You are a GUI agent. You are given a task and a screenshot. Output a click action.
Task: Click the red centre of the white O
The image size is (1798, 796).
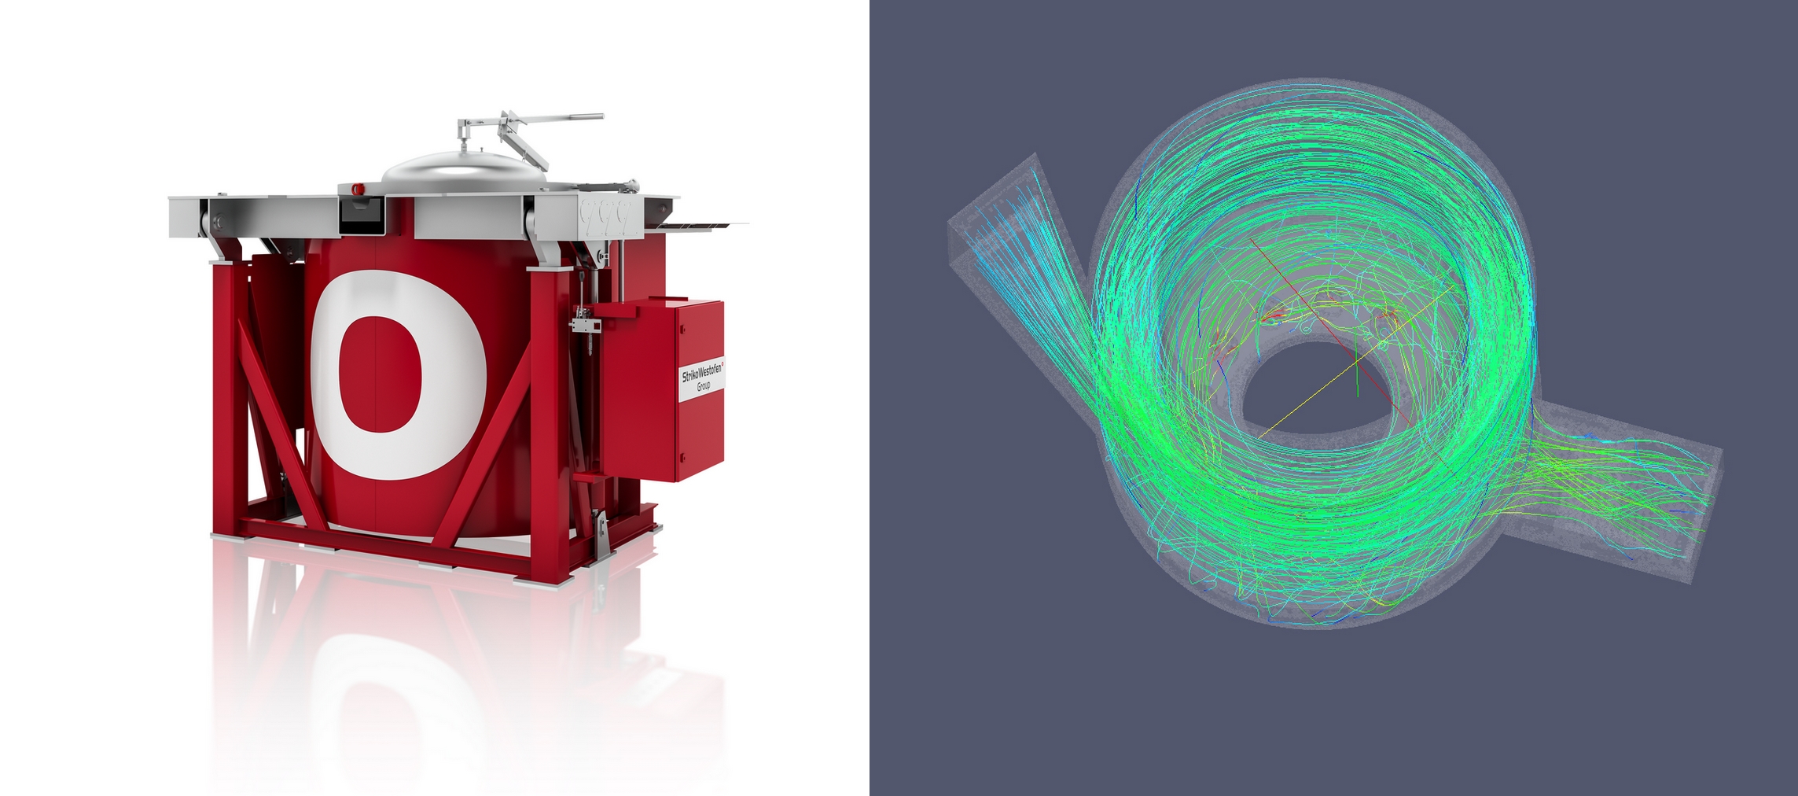click(381, 374)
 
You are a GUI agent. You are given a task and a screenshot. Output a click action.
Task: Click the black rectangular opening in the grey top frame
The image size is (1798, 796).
click(361, 215)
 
